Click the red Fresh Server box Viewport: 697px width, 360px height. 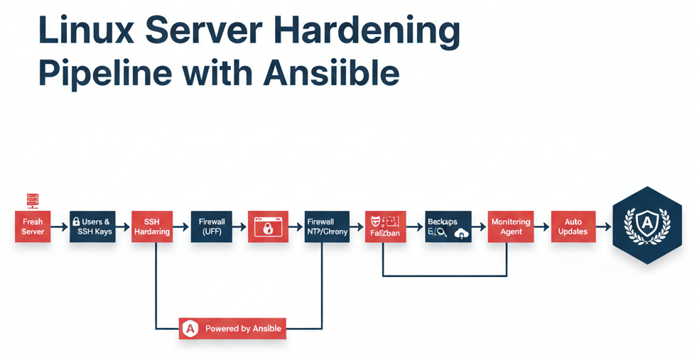click(x=33, y=227)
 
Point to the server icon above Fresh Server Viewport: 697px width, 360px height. click(x=33, y=200)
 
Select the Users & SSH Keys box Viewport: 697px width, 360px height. click(x=92, y=227)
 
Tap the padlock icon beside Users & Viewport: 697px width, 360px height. click(x=76, y=222)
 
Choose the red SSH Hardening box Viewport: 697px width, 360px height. click(x=152, y=227)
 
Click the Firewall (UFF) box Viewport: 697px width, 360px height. click(x=212, y=227)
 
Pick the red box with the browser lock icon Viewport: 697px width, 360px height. click(x=268, y=227)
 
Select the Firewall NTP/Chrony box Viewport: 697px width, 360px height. click(x=327, y=227)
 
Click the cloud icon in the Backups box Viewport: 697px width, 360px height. click(x=461, y=233)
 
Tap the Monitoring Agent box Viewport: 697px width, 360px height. click(x=511, y=227)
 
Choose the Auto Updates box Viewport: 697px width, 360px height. click(x=573, y=227)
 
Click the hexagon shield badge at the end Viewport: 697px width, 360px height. click(x=647, y=225)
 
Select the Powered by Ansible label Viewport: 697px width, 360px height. click(x=232, y=329)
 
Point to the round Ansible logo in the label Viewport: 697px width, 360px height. click(x=190, y=329)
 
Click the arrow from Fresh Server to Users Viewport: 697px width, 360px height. click(x=60, y=227)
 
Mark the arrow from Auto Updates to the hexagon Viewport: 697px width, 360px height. click(x=603, y=227)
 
